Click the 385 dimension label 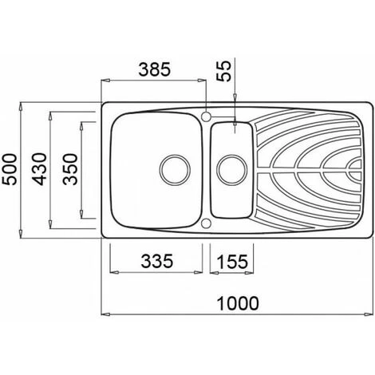[154, 69]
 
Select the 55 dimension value [224, 71]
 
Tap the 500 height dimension [10, 169]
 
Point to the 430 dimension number [39, 169]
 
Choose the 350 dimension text [70, 169]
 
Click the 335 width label [157, 261]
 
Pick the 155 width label [232, 262]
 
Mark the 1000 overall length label [238, 303]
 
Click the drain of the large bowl [175, 170]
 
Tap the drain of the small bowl [232, 170]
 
